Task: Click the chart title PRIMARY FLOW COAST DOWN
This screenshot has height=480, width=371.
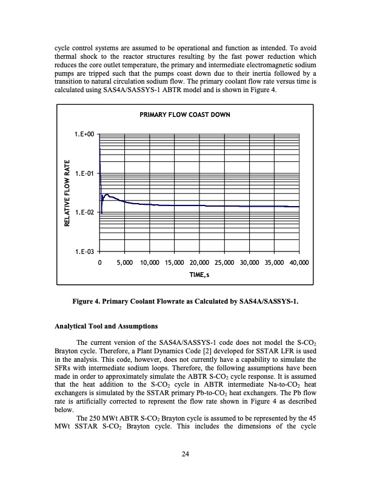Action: click(185, 115)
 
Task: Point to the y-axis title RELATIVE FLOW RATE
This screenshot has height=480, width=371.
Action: click(69, 193)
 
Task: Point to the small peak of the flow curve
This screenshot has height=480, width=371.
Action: click(107, 195)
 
